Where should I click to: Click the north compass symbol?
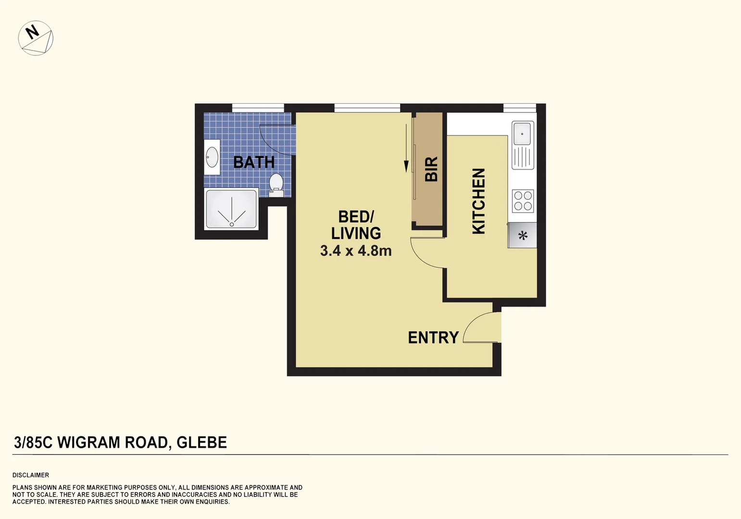pos(36,38)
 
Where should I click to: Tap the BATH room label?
pos(254,162)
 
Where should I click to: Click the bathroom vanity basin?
pos(212,157)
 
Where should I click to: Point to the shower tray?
pos(231,209)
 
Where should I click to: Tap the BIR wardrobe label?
pos(431,169)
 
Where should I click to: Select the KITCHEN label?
pos(478,201)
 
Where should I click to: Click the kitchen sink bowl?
pos(522,133)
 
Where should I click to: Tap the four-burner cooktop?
pos(523,201)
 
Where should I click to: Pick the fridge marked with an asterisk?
pos(523,235)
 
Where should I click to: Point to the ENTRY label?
pos(433,338)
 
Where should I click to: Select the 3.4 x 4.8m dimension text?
pos(356,251)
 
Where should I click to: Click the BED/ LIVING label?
pos(356,225)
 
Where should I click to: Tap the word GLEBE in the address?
pos(201,442)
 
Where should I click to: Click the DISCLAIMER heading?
pos(31,475)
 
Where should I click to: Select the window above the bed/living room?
pos(367,108)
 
